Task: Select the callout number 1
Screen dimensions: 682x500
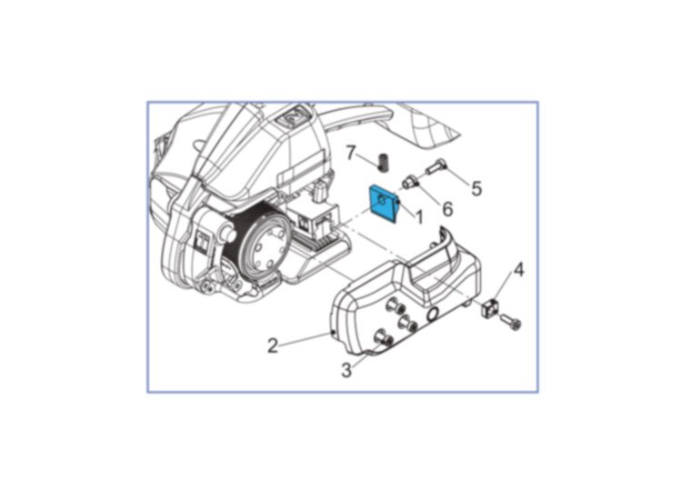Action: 419,216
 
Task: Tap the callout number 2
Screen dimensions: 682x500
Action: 273,346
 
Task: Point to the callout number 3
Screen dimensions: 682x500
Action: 346,370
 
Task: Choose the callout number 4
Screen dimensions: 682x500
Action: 518,270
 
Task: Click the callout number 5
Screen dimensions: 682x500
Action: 476,188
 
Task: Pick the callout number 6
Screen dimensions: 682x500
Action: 447,209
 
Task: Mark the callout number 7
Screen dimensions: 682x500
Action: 351,153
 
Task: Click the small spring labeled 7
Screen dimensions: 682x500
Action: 383,161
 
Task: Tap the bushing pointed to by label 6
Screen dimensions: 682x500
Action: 410,181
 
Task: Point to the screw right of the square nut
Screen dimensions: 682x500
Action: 510,322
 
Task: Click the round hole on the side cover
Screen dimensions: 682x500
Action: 433,314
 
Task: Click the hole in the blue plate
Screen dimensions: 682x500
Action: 382,200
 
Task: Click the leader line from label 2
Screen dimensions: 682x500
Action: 306,339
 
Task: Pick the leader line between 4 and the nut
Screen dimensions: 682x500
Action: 504,288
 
